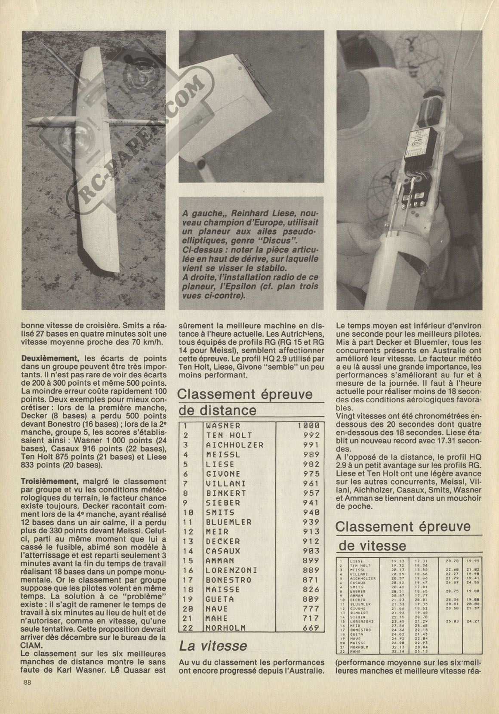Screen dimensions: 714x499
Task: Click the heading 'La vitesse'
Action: click(x=213, y=645)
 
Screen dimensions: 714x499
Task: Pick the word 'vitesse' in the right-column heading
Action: click(x=373, y=546)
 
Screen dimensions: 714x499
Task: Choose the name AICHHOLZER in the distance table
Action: click(x=234, y=445)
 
